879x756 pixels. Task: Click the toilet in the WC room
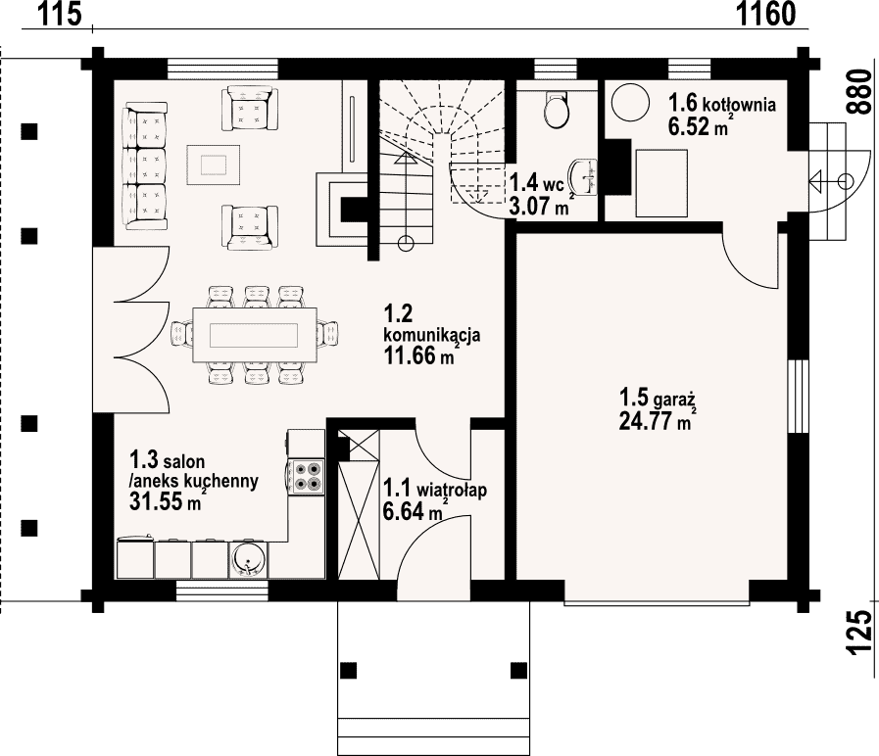(x=556, y=108)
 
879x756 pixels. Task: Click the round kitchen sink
(x=249, y=560)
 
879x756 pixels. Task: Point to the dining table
(x=254, y=336)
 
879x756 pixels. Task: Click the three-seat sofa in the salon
(x=146, y=165)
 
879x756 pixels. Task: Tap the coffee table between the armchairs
(x=213, y=165)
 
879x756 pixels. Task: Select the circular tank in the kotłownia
(x=630, y=102)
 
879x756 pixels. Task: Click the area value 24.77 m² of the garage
(x=656, y=420)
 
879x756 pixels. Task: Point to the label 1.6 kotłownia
(x=722, y=104)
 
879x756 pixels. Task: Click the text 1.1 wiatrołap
(x=434, y=489)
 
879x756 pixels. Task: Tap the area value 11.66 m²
(x=418, y=355)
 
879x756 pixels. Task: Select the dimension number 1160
(x=765, y=14)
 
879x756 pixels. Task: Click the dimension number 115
(x=60, y=14)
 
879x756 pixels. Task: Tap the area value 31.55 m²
(x=166, y=500)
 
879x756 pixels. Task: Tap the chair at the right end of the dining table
(x=328, y=335)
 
